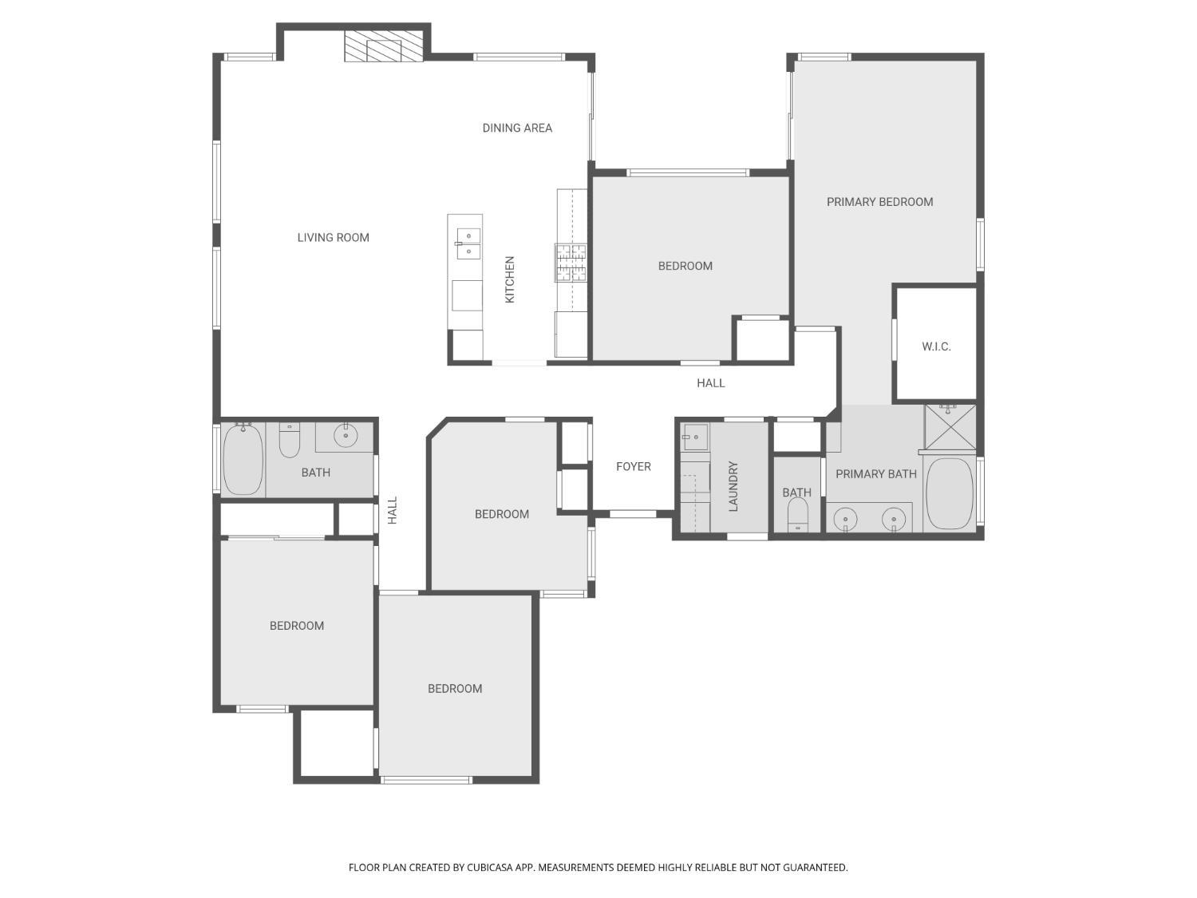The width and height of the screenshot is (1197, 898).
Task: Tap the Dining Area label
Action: [x=517, y=128]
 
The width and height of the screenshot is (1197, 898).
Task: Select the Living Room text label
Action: [x=333, y=237]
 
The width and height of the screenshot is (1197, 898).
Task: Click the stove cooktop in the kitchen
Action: [x=571, y=263]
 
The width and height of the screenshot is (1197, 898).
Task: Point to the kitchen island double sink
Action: [x=468, y=243]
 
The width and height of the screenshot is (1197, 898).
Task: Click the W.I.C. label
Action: [x=936, y=346]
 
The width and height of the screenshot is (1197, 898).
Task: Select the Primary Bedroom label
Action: [x=879, y=202]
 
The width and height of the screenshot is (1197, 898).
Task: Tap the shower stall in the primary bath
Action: [x=950, y=427]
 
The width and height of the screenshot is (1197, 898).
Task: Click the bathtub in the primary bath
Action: [x=950, y=493]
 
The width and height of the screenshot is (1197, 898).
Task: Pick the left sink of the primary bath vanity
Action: [x=845, y=520]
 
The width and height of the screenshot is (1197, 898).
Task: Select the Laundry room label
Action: [x=733, y=486]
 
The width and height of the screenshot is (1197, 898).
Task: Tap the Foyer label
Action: [x=633, y=467]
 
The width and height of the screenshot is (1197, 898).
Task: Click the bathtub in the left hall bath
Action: [x=243, y=460]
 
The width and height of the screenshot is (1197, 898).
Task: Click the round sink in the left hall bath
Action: [x=346, y=436]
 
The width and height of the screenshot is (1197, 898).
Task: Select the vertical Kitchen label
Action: [x=510, y=279]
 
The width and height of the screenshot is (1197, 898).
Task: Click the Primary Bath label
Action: [x=875, y=474]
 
